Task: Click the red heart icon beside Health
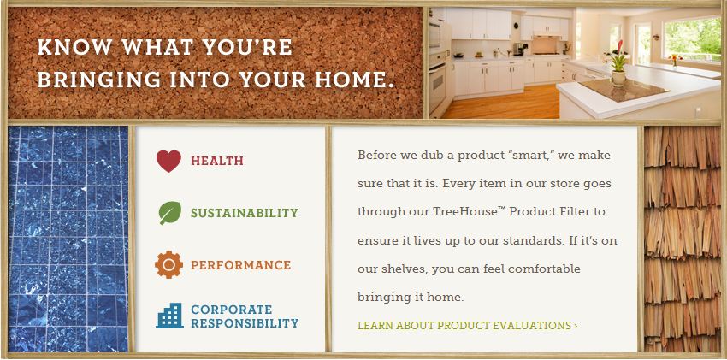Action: pos(168,162)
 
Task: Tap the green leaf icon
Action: pos(169,213)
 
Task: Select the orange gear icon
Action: pos(168,264)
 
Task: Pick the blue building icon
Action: pos(169,316)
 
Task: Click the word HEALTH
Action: pos(217,162)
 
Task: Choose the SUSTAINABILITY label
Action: pos(245,213)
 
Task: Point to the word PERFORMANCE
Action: pos(240,265)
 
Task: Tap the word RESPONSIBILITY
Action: pos(245,323)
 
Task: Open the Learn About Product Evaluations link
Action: pos(467,325)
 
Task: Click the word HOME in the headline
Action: pos(351,80)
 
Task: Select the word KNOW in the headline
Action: pos(74,47)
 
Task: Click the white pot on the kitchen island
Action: pos(618,78)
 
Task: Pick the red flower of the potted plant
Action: pos(620,46)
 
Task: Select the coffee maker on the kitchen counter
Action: pos(520,49)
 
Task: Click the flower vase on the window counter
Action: pos(674,60)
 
